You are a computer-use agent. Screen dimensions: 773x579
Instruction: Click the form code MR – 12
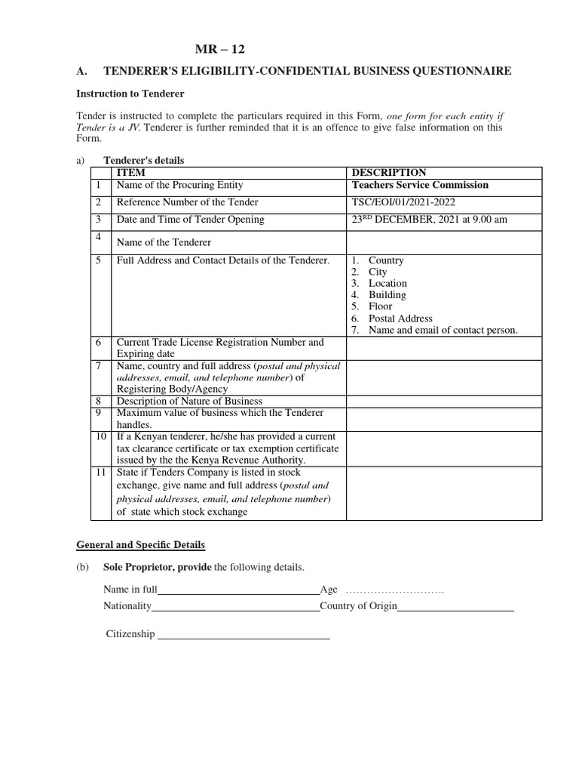[x=220, y=49]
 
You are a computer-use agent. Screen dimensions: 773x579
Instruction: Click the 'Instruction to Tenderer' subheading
[x=130, y=94]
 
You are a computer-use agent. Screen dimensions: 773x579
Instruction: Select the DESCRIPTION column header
[x=388, y=173]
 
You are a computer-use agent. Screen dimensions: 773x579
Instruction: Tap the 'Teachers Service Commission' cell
[x=420, y=185]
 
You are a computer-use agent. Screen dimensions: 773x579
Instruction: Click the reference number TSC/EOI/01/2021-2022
[x=403, y=202]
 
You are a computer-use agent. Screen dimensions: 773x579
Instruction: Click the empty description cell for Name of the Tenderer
[x=443, y=242]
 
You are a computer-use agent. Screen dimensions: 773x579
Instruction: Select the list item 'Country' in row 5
[x=386, y=260]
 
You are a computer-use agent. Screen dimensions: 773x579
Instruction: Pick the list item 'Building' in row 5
[x=387, y=295]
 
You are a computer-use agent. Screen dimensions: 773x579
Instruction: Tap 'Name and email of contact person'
[x=443, y=331]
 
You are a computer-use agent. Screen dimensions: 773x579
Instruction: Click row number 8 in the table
[x=98, y=401]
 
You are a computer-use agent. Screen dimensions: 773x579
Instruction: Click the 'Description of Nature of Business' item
[x=189, y=401]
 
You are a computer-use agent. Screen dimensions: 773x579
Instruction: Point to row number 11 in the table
[x=100, y=473]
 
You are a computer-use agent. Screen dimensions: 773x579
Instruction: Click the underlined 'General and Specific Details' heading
[x=140, y=544]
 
